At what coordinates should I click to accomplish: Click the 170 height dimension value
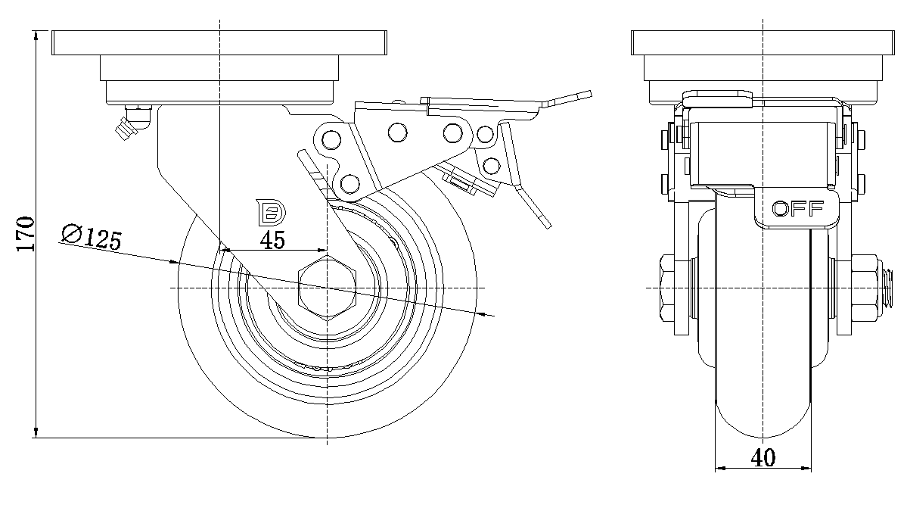pyautogui.click(x=26, y=234)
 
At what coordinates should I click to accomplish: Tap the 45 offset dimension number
pyautogui.click(x=272, y=241)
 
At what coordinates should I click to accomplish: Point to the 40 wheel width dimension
pyautogui.click(x=763, y=458)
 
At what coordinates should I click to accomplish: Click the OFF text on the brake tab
pyautogui.click(x=797, y=210)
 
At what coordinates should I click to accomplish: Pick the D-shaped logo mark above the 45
pyautogui.click(x=271, y=213)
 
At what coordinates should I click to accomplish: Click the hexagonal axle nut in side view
pyautogui.click(x=327, y=288)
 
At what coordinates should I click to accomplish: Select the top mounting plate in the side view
pyautogui.click(x=219, y=42)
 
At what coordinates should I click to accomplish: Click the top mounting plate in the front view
pyautogui.click(x=763, y=42)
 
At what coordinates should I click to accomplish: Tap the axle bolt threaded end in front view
pyautogui.click(x=890, y=288)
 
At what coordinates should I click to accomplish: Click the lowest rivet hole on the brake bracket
pyautogui.click(x=349, y=182)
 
